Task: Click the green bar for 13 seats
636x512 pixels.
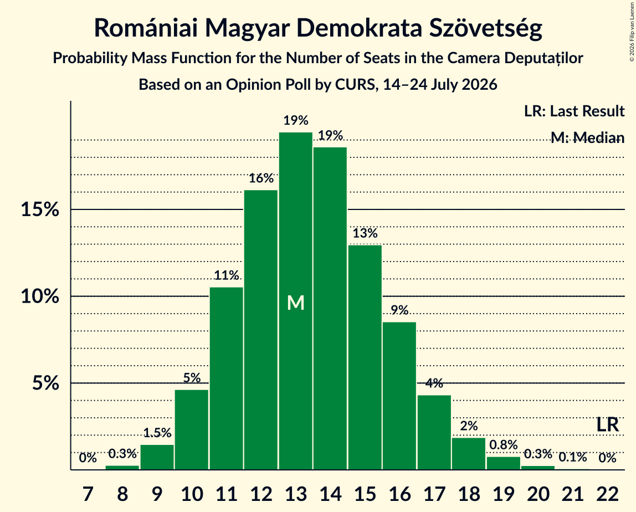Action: pos(296,301)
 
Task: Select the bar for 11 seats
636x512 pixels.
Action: pos(227,378)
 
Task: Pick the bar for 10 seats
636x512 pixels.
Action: pos(192,429)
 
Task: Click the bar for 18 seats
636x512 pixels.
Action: pos(469,454)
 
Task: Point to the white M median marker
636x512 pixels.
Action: pos(296,303)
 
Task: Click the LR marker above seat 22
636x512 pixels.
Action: pos(608,425)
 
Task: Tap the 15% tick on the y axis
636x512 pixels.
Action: pos(40,210)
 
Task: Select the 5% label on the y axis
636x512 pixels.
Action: pos(45,383)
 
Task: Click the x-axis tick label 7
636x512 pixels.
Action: pos(88,495)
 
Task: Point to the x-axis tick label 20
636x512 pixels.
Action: pos(538,495)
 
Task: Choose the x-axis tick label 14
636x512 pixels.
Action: pos(330,495)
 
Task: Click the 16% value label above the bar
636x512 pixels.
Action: pos(261,178)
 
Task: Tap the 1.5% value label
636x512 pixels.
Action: pos(157,433)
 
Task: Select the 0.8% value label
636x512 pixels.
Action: pos(504,445)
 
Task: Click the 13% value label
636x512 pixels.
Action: pos(365,233)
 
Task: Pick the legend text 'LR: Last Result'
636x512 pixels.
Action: pos(574,111)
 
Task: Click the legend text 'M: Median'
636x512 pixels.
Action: pos(587,138)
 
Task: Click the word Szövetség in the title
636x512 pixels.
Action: pos(485,28)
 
